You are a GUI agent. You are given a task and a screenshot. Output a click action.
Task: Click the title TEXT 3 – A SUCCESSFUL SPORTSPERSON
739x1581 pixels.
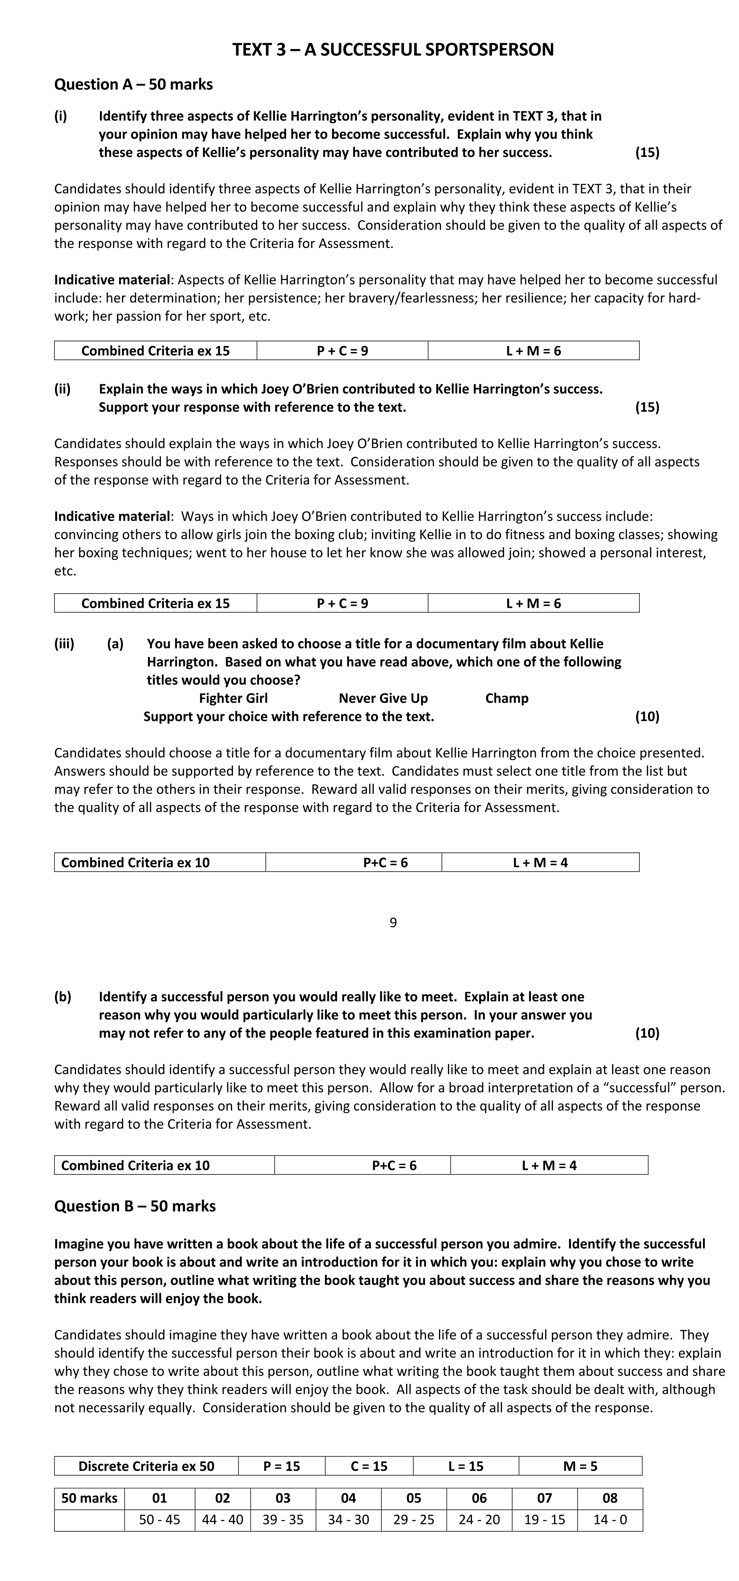point(393,50)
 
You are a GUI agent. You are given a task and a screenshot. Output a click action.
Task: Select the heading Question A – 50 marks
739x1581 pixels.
point(133,84)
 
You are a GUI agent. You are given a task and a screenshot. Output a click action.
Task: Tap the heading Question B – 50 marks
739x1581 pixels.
point(135,1206)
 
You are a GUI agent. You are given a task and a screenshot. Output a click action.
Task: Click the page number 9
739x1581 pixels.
point(393,922)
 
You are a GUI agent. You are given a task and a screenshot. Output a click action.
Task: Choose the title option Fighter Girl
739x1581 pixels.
point(233,698)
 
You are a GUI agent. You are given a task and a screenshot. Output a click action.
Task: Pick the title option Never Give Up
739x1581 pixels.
point(383,698)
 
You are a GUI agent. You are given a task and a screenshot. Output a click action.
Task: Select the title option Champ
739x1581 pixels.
point(506,698)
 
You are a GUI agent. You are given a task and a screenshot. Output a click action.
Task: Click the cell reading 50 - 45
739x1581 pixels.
point(160,1520)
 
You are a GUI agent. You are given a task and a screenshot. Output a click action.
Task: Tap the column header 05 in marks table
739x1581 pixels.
point(414,1498)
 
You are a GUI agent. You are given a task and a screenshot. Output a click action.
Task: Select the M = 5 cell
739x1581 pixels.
point(580,1466)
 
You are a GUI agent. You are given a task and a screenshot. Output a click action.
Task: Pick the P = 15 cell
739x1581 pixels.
point(282,1466)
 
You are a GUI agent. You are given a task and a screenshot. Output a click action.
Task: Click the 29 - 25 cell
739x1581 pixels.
point(414,1520)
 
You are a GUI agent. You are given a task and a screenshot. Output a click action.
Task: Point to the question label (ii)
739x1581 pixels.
point(63,389)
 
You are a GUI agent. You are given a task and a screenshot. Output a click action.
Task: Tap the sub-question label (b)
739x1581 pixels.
point(63,997)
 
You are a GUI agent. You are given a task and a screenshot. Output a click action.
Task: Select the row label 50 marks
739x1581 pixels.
point(89,1498)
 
